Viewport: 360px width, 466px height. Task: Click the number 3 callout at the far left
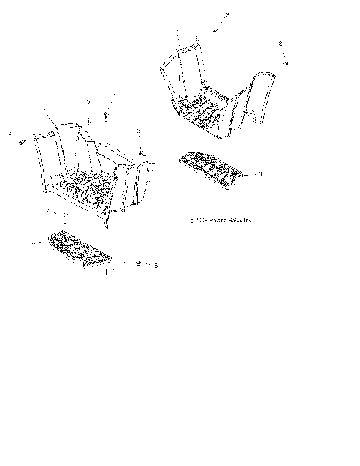(x=10, y=132)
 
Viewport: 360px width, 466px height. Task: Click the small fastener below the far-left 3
(x=22, y=140)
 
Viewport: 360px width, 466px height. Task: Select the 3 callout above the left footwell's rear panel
(x=88, y=101)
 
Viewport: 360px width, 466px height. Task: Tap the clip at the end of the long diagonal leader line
(x=106, y=116)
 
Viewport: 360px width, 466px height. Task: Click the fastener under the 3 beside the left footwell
(x=142, y=151)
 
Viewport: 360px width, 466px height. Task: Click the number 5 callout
(x=155, y=265)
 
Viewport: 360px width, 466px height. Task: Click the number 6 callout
(x=238, y=173)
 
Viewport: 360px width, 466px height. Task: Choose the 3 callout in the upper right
(x=280, y=44)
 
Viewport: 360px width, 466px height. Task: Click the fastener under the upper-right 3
(x=286, y=63)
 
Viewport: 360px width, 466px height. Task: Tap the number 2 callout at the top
(x=227, y=14)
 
